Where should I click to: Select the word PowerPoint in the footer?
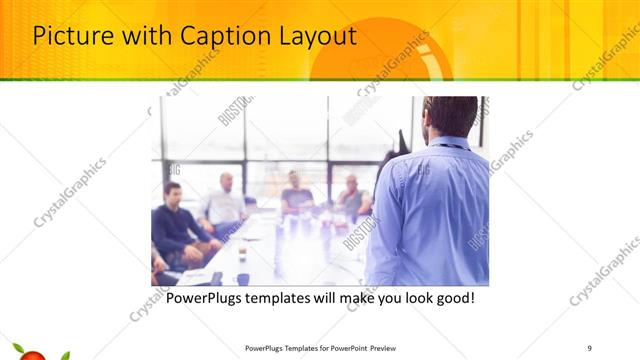coord(342,348)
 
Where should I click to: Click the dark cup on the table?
coord(243,279)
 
